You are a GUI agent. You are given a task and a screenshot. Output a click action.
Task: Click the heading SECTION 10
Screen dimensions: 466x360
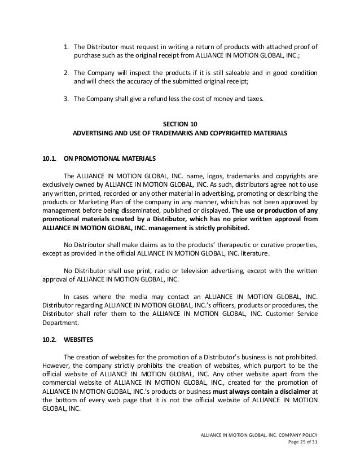pos(180,124)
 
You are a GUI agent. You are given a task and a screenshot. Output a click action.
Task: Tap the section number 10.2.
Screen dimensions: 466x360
pos(50,340)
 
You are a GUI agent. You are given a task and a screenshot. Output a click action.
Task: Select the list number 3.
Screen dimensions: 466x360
pos(65,99)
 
